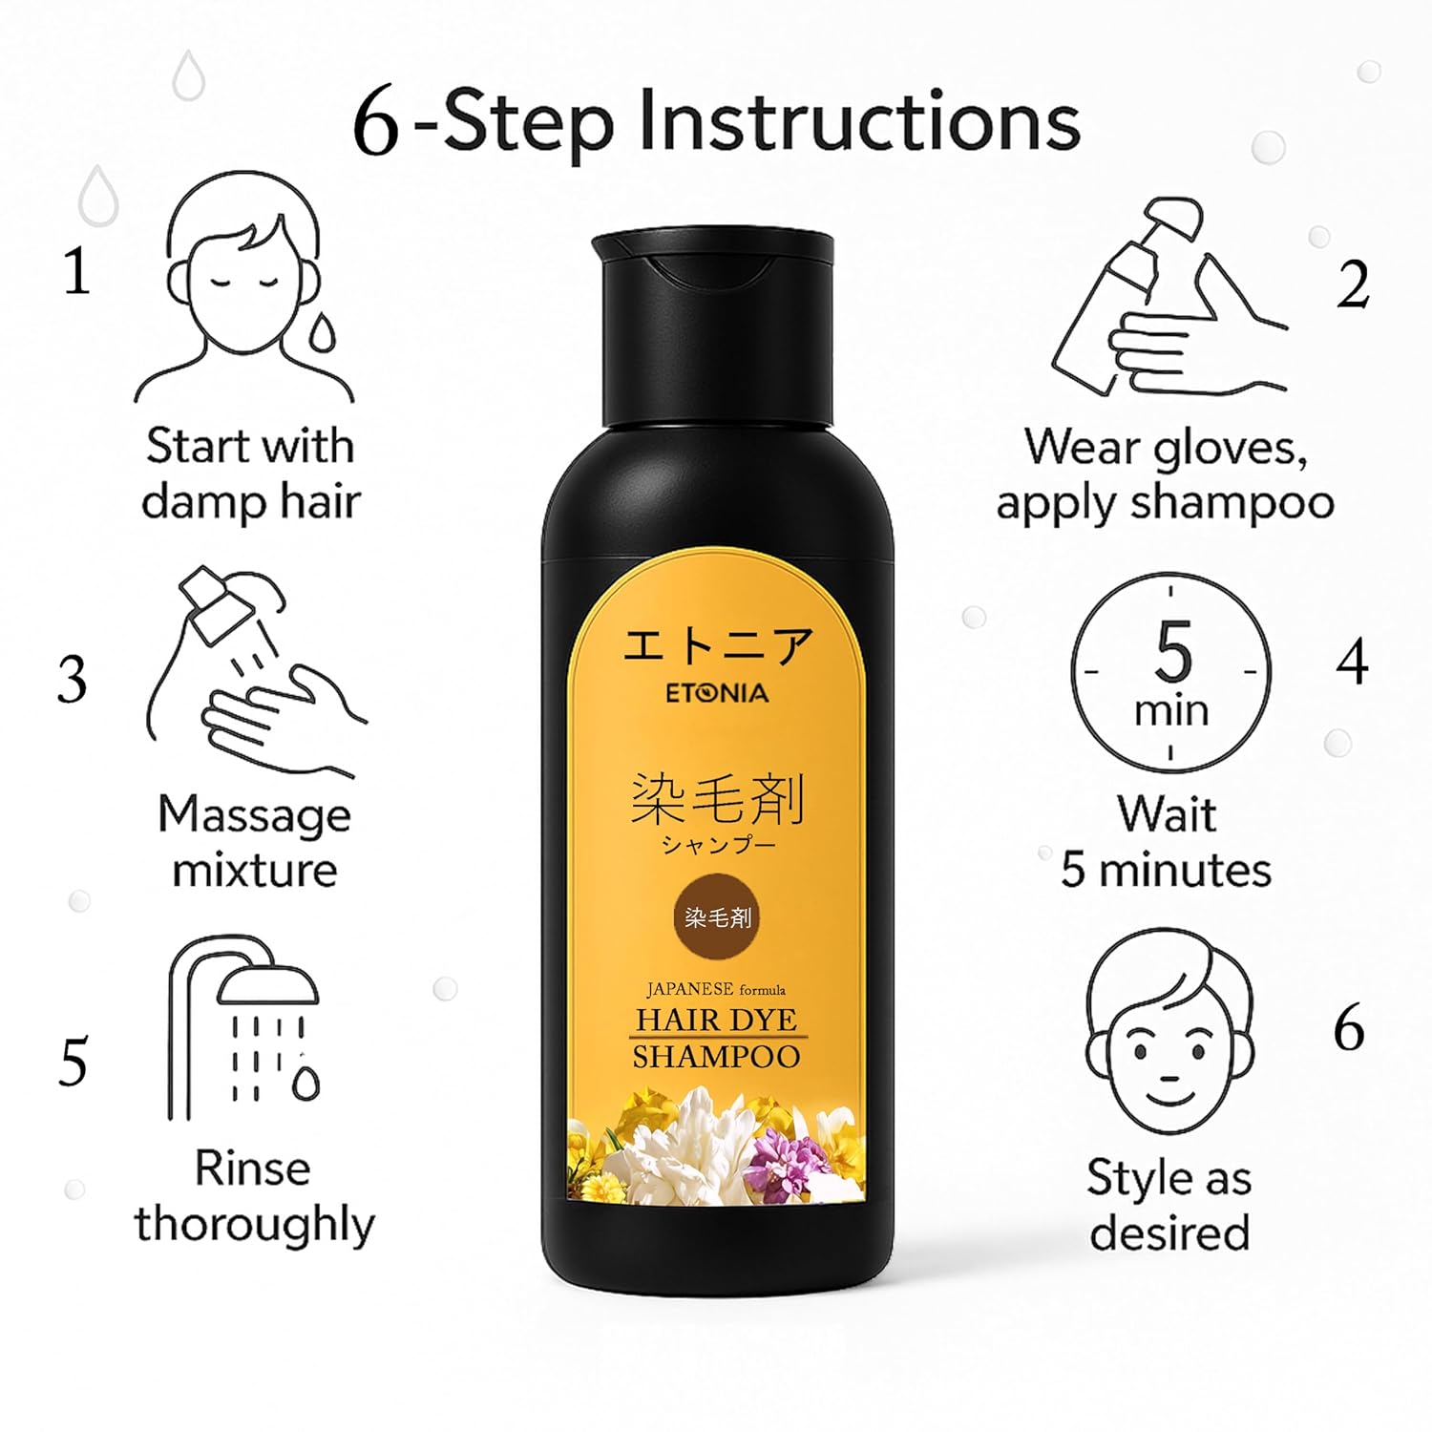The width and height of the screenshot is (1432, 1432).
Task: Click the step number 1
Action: pyautogui.click(x=77, y=271)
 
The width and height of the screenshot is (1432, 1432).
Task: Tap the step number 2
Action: pyautogui.click(x=1353, y=284)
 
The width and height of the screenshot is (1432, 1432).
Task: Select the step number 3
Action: pyautogui.click(x=73, y=680)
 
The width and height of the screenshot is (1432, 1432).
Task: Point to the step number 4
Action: pyautogui.click(x=1352, y=661)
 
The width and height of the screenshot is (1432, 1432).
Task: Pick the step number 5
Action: pyautogui.click(x=74, y=1062)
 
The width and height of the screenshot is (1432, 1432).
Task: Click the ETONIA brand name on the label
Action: pyautogui.click(x=717, y=692)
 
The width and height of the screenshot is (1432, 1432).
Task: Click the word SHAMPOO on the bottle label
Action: pyautogui.click(x=717, y=1057)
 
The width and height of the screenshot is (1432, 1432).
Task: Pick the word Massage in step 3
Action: pyautogui.click(x=255, y=816)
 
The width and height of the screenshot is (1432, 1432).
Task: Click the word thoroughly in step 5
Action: pyautogui.click(x=255, y=1225)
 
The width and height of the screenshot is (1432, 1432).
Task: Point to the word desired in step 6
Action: pyautogui.click(x=1169, y=1232)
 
